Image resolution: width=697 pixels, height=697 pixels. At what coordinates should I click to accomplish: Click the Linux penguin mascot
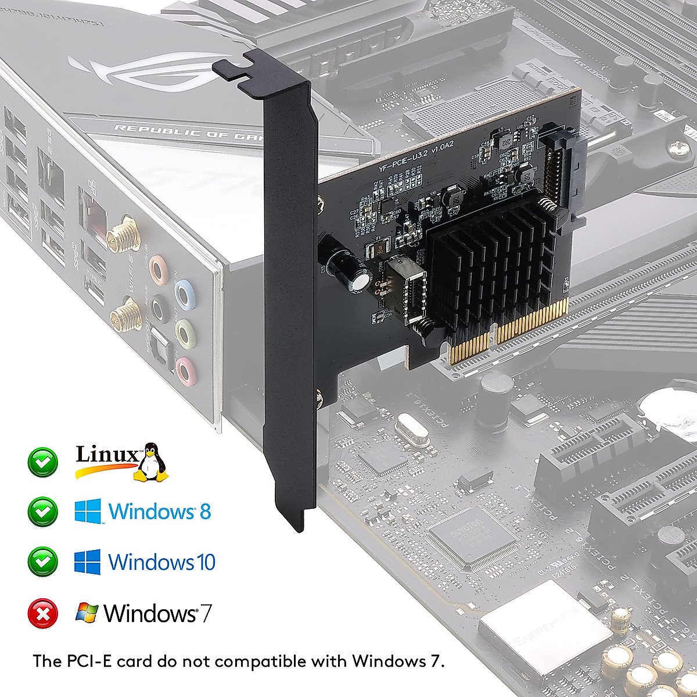click(x=152, y=462)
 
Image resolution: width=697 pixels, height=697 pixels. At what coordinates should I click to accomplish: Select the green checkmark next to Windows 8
click(x=43, y=512)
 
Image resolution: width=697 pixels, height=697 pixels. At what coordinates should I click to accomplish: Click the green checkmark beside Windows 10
click(x=43, y=562)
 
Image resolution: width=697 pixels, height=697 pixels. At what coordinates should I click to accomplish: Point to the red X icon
click(x=43, y=613)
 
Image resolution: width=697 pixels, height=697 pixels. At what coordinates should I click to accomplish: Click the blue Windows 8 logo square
click(x=88, y=511)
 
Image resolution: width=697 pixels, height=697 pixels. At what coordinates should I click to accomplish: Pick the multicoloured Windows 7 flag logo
click(x=87, y=613)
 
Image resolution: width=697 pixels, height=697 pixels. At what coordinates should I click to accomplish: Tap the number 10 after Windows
click(x=206, y=562)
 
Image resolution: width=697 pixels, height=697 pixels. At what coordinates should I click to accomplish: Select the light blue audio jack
click(x=184, y=293)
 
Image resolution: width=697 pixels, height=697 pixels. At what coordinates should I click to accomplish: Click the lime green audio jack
click(x=185, y=332)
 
